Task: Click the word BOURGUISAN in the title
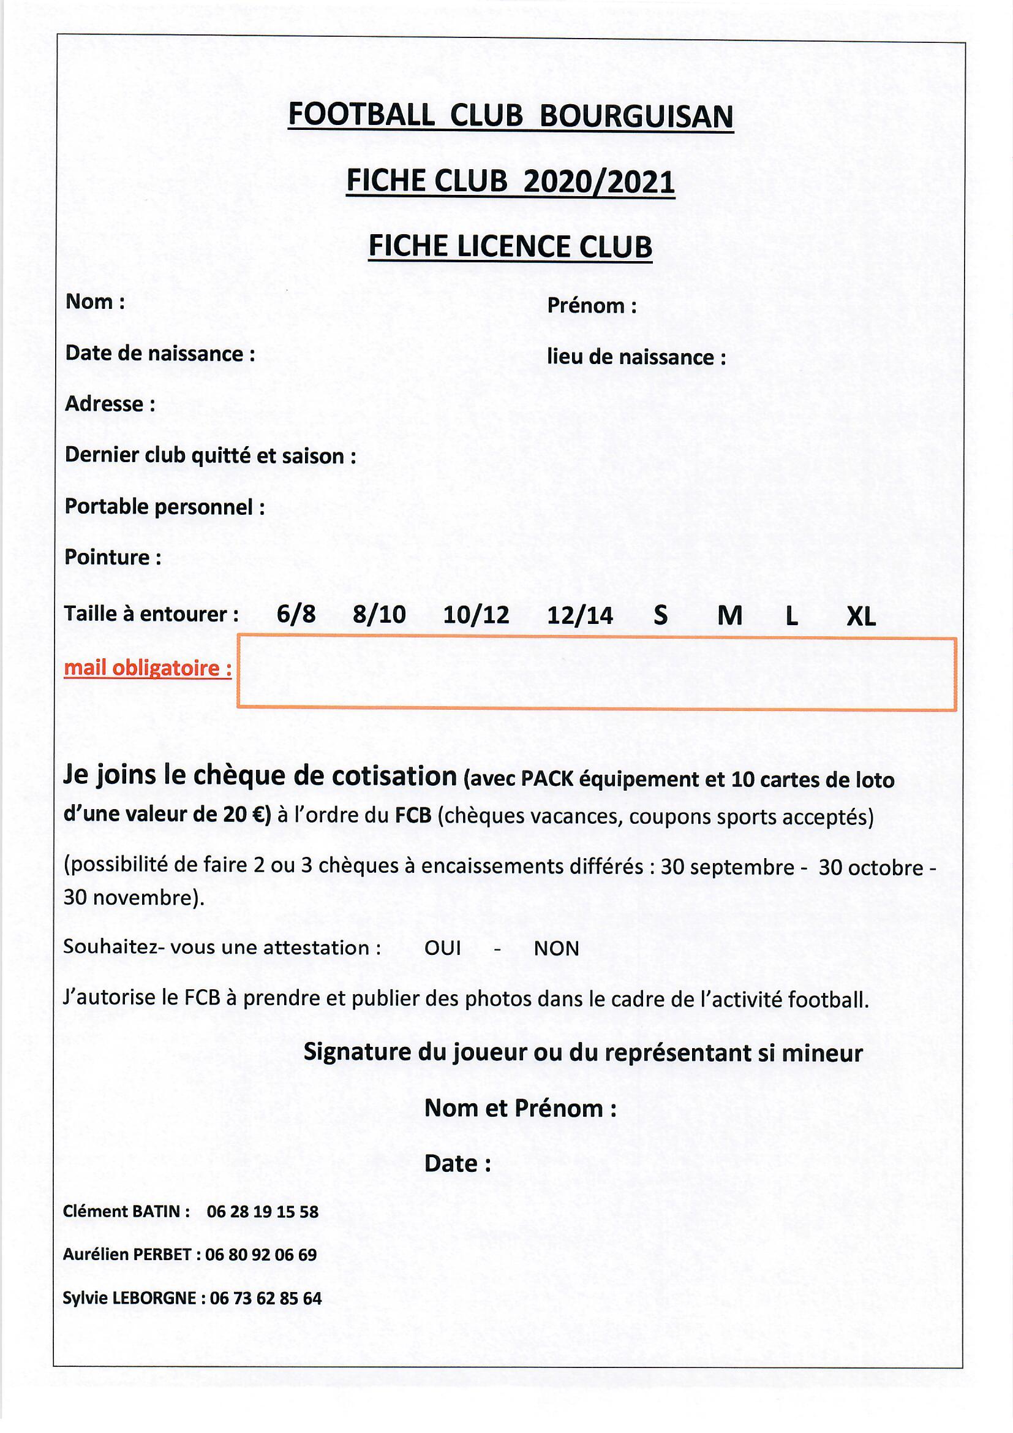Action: [x=636, y=116]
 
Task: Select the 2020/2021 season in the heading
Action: [x=599, y=181]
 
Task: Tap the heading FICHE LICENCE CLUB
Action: [x=510, y=246]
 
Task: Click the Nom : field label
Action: [x=95, y=302]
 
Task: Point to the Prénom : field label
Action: [x=592, y=306]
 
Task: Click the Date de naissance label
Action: [x=160, y=354]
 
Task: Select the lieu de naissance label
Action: [x=636, y=357]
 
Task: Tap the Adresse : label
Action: [x=110, y=405]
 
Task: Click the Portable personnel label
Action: [x=165, y=507]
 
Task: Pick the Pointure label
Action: [x=113, y=557]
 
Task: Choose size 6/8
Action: [x=296, y=615]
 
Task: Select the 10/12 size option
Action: [x=476, y=615]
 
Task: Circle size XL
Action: [x=860, y=617]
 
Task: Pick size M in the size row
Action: [x=730, y=617]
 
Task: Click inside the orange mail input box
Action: [x=596, y=673]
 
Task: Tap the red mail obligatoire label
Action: [x=148, y=669]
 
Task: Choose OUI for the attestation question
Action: [x=442, y=949]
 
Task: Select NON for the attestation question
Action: [x=556, y=949]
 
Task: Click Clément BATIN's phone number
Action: [x=263, y=1212]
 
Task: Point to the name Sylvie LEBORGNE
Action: [x=130, y=1299]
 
